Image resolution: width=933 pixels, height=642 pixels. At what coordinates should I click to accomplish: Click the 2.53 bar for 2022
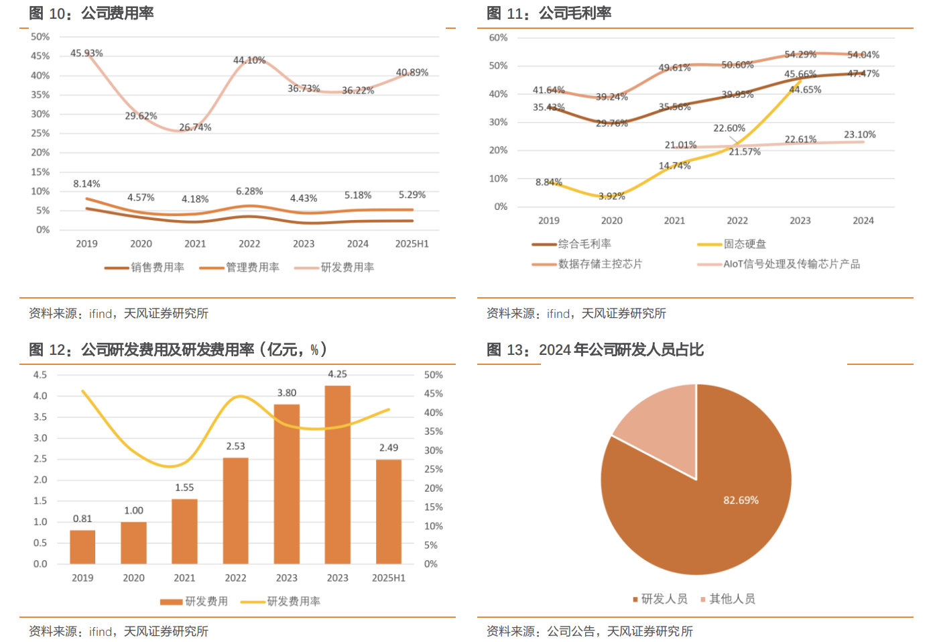click(235, 510)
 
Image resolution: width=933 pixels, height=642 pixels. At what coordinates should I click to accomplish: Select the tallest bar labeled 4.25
click(337, 474)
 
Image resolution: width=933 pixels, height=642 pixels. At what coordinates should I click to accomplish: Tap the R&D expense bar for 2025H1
click(389, 511)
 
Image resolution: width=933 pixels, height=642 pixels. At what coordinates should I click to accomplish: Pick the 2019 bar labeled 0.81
click(82, 547)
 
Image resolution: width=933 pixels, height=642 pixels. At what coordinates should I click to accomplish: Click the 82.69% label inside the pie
click(741, 500)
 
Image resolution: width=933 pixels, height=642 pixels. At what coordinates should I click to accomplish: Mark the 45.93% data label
click(86, 54)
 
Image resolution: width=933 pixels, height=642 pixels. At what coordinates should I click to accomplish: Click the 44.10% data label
click(249, 60)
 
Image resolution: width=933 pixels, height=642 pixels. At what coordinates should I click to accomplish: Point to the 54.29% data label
click(800, 54)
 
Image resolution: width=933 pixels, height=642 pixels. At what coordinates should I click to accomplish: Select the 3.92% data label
click(611, 196)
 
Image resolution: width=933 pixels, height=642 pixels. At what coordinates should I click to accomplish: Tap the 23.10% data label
click(860, 135)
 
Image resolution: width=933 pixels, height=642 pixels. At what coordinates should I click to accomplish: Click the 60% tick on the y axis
click(498, 38)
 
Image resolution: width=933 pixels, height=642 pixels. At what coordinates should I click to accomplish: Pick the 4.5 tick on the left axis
click(40, 375)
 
